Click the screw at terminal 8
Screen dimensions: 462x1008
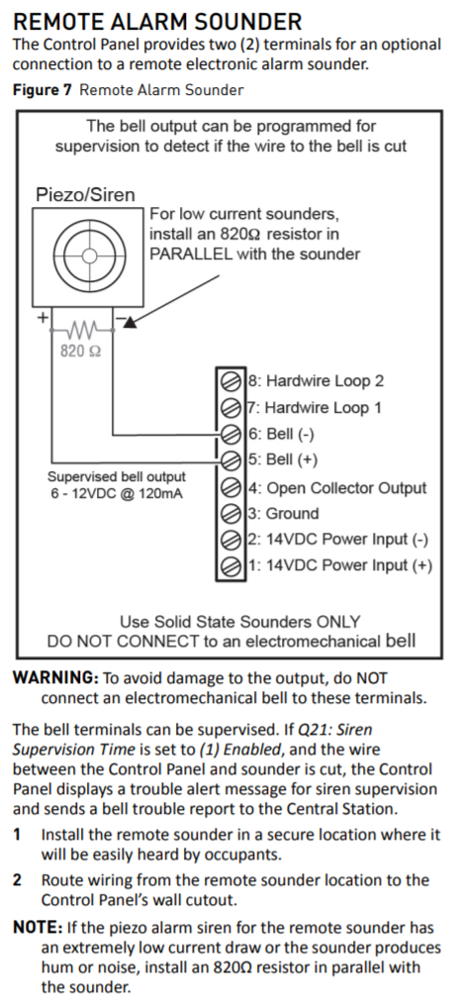click(x=231, y=380)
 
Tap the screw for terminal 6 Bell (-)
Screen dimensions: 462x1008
click(x=231, y=435)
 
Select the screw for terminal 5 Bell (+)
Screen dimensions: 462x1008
click(x=231, y=460)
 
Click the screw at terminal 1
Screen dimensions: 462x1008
click(x=231, y=566)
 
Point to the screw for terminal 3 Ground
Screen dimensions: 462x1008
click(x=231, y=514)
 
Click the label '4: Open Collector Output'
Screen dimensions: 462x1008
click(x=337, y=488)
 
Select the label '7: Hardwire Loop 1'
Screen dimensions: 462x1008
click(x=315, y=408)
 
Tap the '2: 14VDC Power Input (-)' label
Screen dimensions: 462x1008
click(x=338, y=540)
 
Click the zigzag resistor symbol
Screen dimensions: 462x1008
click(x=81, y=331)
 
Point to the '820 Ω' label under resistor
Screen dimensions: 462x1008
click(x=80, y=351)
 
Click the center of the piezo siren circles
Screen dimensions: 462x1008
click(x=89, y=255)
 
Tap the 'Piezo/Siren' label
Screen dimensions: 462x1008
click(x=85, y=195)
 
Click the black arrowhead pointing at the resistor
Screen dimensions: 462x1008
click(x=130, y=322)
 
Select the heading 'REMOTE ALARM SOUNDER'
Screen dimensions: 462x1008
click(x=157, y=22)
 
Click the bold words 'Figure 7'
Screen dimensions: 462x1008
click(x=43, y=90)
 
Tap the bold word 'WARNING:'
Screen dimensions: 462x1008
click(x=54, y=678)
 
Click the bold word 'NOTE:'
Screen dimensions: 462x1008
click(x=36, y=928)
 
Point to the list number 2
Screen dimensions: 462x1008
click(x=18, y=880)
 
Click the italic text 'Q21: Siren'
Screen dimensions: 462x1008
click(x=335, y=730)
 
